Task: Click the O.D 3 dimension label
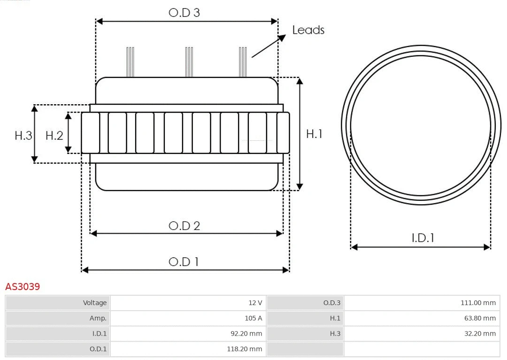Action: point(184,13)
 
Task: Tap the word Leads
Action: point(308,30)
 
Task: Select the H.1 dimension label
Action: point(314,134)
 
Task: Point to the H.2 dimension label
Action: point(54,136)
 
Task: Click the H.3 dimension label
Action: point(23,136)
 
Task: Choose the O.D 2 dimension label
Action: point(184,226)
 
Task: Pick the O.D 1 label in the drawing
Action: point(184,261)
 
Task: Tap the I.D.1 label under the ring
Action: point(422,238)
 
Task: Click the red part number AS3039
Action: point(23,286)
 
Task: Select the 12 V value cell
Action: point(255,303)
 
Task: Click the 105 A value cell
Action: point(253,318)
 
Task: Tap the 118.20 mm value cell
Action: point(245,349)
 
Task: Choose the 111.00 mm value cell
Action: point(478,303)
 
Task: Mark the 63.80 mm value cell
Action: point(479,318)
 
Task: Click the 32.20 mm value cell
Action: point(479,334)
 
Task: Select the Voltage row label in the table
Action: point(95,303)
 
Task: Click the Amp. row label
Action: point(98,318)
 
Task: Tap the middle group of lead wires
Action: point(189,62)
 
